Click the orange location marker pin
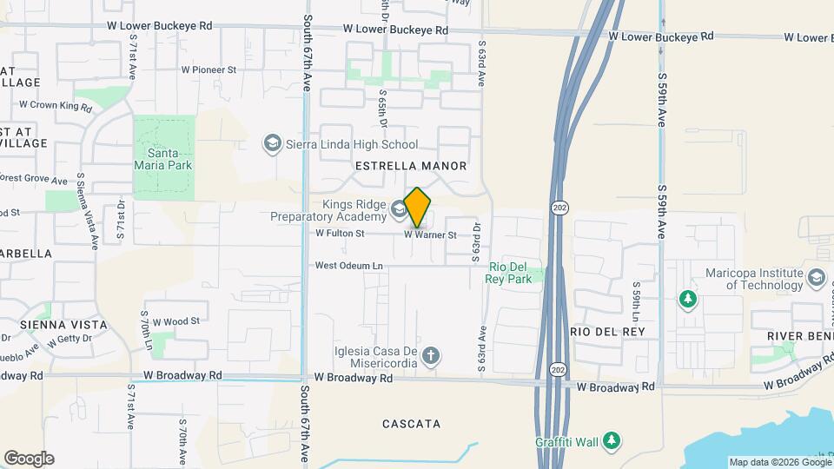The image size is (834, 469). point(417,207)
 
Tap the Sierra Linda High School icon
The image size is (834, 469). point(272,144)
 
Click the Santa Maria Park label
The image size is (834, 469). point(163,157)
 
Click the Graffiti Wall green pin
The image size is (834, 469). point(612,441)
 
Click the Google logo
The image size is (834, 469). point(29,458)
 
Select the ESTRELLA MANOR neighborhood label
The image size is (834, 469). point(411,165)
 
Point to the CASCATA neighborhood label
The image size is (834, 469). point(412,424)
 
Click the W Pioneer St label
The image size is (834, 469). point(208,69)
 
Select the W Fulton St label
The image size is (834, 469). point(340,233)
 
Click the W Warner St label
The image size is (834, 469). point(430,234)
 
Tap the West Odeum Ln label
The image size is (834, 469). point(348,266)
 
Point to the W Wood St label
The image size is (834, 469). point(176,320)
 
